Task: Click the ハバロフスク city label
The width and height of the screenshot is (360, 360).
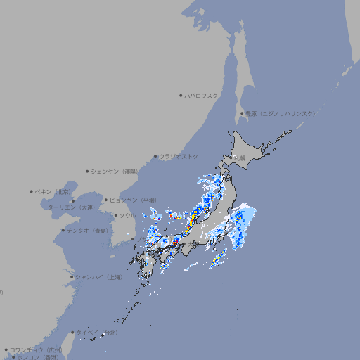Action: click(201, 95)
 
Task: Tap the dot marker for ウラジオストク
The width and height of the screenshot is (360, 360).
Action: click(155, 156)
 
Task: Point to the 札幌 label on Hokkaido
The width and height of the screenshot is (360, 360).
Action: click(240, 158)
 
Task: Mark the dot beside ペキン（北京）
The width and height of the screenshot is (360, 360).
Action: click(32, 191)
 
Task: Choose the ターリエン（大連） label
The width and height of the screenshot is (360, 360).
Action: click(70, 207)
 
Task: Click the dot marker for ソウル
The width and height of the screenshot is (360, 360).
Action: click(115, 215)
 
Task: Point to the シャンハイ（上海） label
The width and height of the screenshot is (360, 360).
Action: click(98, 277)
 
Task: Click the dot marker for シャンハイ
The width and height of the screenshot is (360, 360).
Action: click(72, 277)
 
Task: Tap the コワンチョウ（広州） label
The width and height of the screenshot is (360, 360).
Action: click(36, 349)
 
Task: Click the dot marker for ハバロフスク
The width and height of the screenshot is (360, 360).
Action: click(181, 95)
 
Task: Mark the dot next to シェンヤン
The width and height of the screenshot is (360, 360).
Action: click(87, 171)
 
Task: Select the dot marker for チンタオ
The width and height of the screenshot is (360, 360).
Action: click(63, 230)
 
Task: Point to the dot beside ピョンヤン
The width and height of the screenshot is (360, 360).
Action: click(106, 200)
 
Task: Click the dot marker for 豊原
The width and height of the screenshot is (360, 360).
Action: click(242, 113)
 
